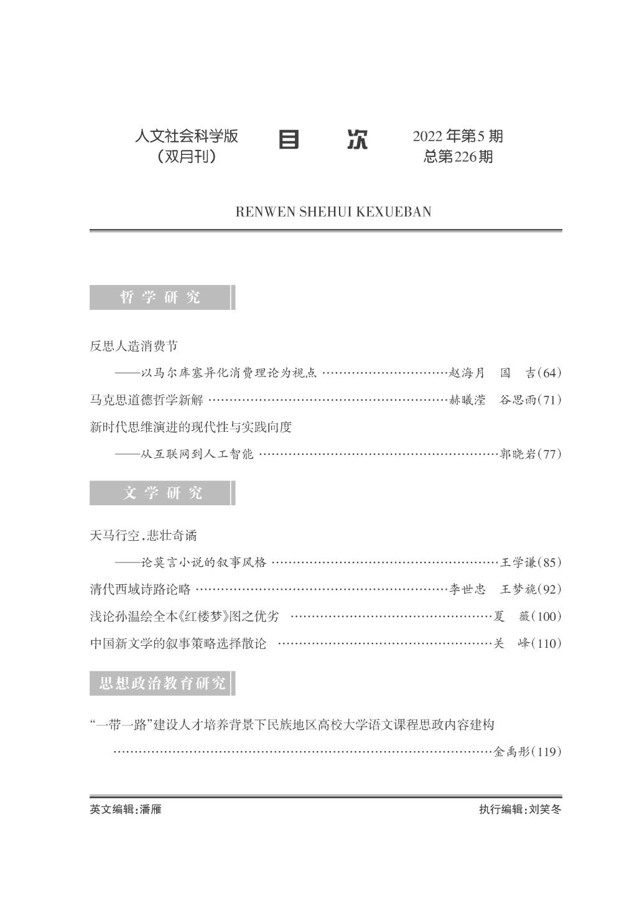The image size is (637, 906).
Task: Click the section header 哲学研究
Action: click(160, 297)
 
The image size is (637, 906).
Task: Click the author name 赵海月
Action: click(467, 373)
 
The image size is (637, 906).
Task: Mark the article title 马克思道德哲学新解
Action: click(146, 400)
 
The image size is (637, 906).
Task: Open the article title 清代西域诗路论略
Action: click(140, 589)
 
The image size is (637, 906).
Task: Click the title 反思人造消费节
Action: click(134, 346)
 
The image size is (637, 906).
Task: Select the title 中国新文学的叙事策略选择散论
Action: click(178, 644)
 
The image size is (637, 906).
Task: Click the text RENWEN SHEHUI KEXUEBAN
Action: click(333, 212)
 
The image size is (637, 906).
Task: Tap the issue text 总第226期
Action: click(458, 157)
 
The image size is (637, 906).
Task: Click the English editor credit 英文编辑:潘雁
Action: click(126, 810)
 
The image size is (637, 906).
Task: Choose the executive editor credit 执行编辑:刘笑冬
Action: click(520, 810)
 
